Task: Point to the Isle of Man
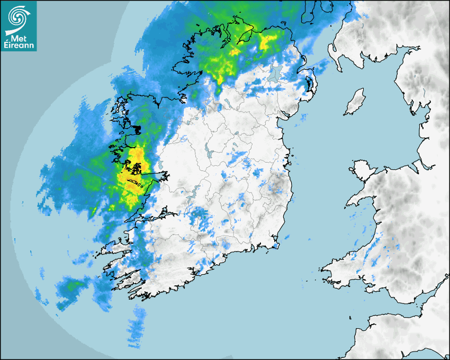(x=355, y=102)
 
